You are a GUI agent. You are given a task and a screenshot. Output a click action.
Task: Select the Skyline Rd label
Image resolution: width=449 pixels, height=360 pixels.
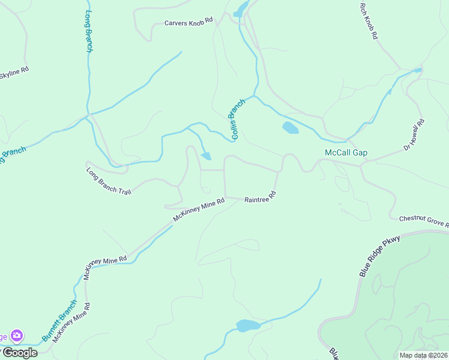coord(13,73)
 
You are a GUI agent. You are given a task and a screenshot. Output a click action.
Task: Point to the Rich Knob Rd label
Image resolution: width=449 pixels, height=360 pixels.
coord(368,21)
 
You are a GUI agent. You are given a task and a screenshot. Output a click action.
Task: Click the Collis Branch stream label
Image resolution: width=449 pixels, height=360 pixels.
coord(237,119)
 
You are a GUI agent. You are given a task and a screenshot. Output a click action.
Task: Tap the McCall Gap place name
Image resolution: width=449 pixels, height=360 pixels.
coord(346,153)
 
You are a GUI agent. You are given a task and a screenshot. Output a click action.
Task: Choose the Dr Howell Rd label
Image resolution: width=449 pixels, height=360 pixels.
coord(414,134)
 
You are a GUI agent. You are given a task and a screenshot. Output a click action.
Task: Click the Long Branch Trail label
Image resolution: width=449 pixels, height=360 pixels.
coord(109,181)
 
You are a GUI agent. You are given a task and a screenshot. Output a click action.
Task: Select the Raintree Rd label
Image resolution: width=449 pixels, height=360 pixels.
coord(260,196)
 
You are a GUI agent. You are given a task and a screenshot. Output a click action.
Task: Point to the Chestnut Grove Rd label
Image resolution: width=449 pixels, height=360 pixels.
coord(424,221)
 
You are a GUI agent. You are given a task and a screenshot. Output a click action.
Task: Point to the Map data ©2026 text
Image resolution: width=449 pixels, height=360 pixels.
coord(423,355)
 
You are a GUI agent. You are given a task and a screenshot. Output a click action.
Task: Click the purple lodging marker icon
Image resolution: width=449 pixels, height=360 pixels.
coord(17,335)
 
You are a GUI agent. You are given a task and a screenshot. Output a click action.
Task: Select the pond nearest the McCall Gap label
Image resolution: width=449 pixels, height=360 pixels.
coord(290,128)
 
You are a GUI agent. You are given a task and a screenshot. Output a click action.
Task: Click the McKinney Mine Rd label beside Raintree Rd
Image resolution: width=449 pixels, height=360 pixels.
coord(199,211)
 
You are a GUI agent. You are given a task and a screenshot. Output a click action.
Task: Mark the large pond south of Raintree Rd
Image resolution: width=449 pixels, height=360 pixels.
coord(247,326)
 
